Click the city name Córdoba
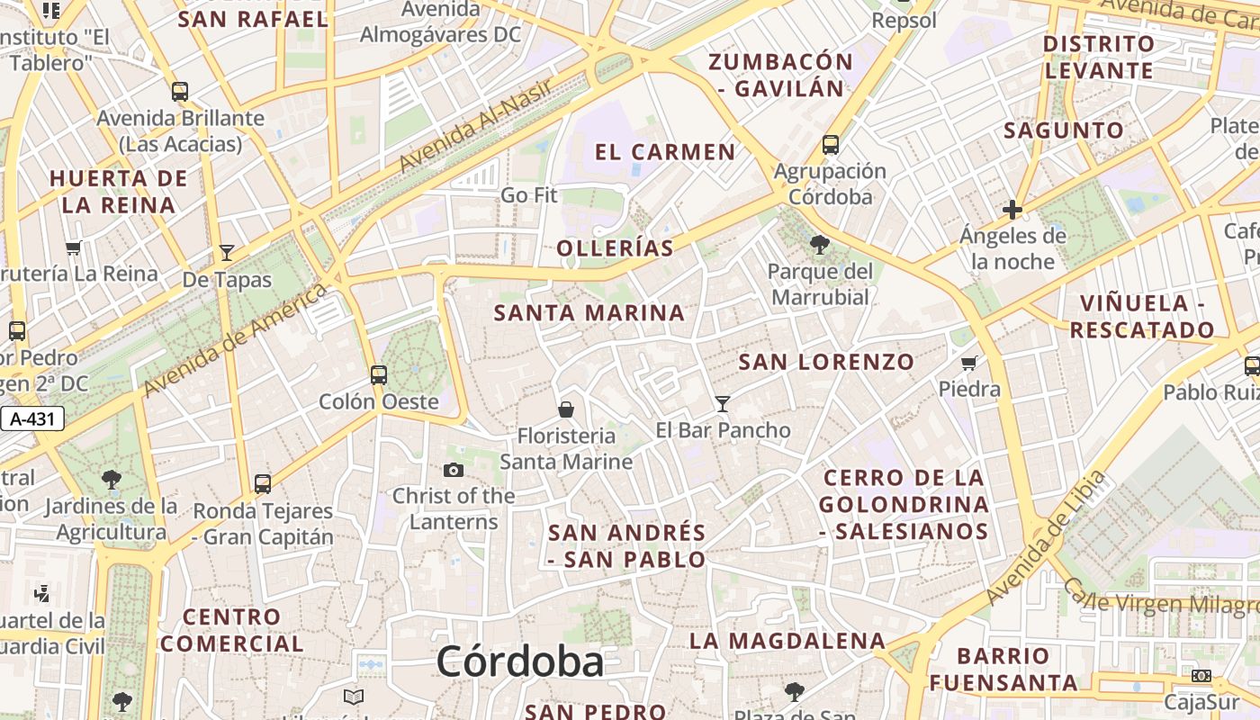click(520, 662)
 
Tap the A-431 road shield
click(31, 418)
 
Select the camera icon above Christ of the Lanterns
click(454, 470)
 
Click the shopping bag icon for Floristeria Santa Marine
click(566, 409)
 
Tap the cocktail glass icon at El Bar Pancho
click(722, 403)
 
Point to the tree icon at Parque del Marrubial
click(819, 244)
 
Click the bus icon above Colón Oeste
click(379, 374)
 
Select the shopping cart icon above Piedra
click(969, 363)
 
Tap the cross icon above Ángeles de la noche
click(1012, 211)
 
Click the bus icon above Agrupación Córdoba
click(830, 144)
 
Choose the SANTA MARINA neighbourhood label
click(589, 313)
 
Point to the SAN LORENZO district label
click(826, 362)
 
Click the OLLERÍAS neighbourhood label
click(615, 248)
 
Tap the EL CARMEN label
click(665, 151)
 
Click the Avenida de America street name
click(235, 338)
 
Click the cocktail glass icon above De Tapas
click(227, 253)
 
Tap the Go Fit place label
click(529, 194)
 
